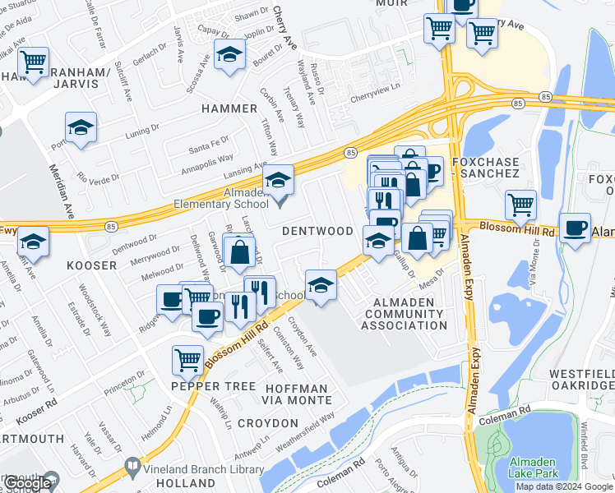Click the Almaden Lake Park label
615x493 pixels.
535,468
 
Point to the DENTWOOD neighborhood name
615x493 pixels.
317,232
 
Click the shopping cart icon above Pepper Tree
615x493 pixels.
188,359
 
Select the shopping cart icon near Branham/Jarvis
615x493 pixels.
33,62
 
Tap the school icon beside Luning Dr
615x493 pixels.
81,128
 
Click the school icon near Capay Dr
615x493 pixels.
229,56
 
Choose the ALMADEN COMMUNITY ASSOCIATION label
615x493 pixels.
399,314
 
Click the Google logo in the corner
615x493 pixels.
27,483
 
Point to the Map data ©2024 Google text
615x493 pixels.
563,486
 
